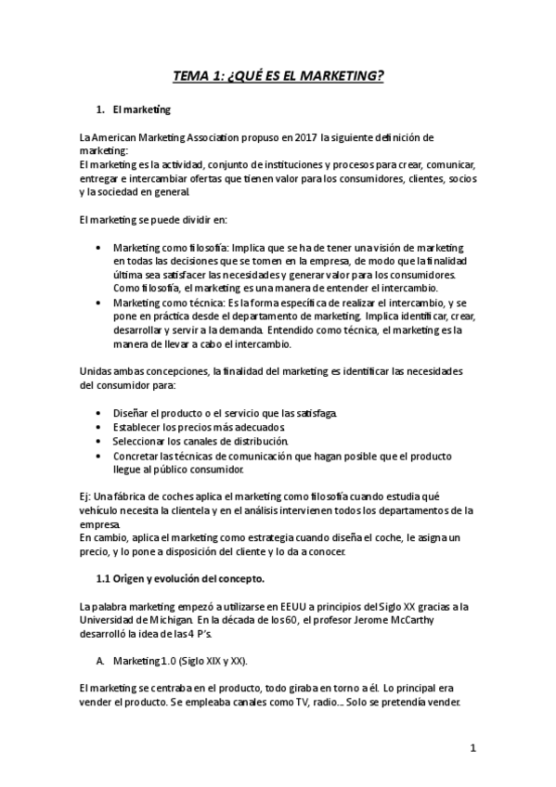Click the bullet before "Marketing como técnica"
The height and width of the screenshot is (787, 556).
[99, 303]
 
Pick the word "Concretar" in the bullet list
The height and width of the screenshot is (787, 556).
[138, 456]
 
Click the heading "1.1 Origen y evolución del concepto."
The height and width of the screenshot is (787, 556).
[180, 580]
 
